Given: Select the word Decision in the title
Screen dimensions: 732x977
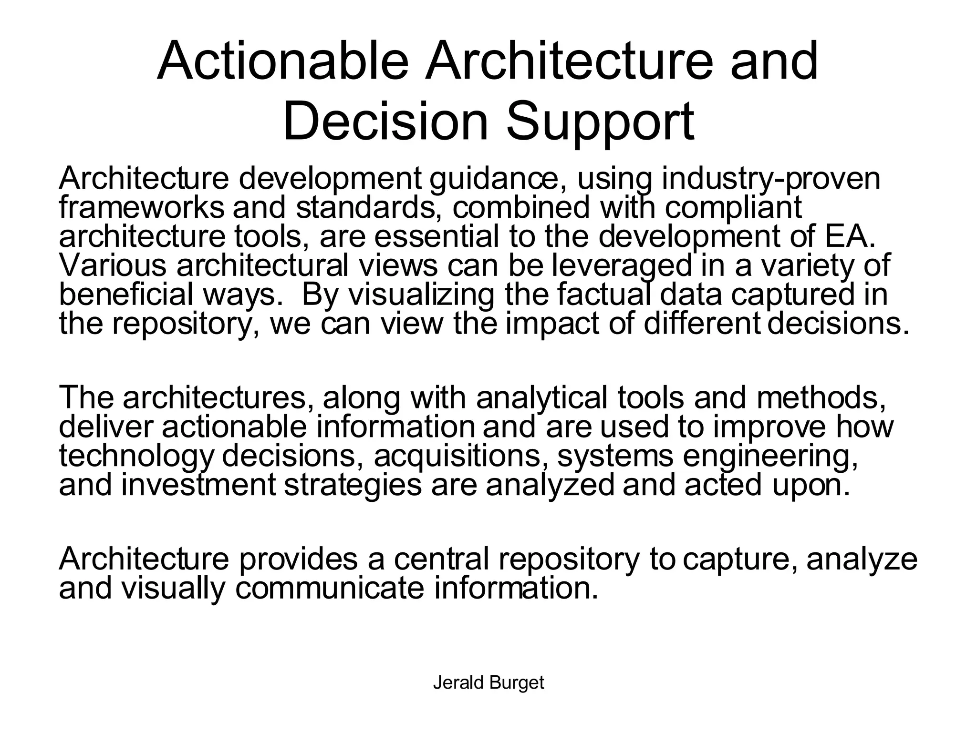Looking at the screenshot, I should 385,122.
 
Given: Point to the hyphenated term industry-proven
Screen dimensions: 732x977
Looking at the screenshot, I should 770,179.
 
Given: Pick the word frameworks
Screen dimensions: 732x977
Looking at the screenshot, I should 141,208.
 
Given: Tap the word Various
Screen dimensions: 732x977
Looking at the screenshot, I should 113,265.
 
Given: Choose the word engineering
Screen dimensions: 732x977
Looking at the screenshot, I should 770,456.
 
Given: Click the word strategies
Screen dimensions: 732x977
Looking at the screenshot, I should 353,485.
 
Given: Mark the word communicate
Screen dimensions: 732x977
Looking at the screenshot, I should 329,588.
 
